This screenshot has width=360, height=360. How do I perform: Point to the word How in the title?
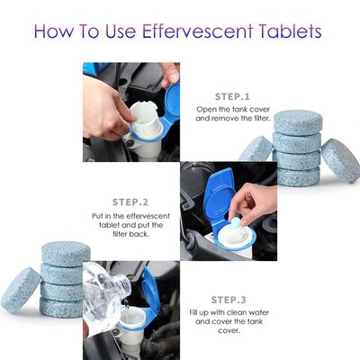click(56, 32)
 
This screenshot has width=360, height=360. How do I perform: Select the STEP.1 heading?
click(233, 94)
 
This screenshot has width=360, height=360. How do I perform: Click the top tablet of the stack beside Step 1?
click(297, 121)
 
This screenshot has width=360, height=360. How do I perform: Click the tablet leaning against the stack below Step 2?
click(20, 288)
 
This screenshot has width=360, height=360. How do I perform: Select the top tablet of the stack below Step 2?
click(61, 253)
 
